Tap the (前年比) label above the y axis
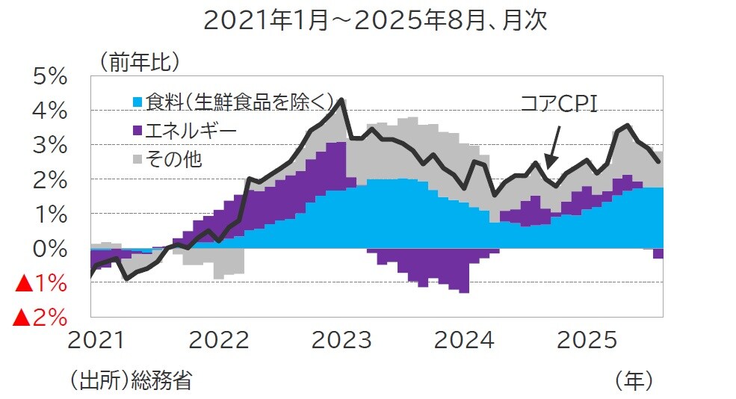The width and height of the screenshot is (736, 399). click(x=135, y=64)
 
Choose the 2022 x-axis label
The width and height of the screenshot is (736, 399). click(x=218, y=341)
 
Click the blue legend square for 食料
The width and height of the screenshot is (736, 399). click(x=137, y=102)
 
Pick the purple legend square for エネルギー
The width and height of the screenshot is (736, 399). click(x=137, y=131)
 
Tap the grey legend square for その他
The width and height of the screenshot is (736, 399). click(x=137, y=159)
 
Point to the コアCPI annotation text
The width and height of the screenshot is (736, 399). click(x=559, y=104)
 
